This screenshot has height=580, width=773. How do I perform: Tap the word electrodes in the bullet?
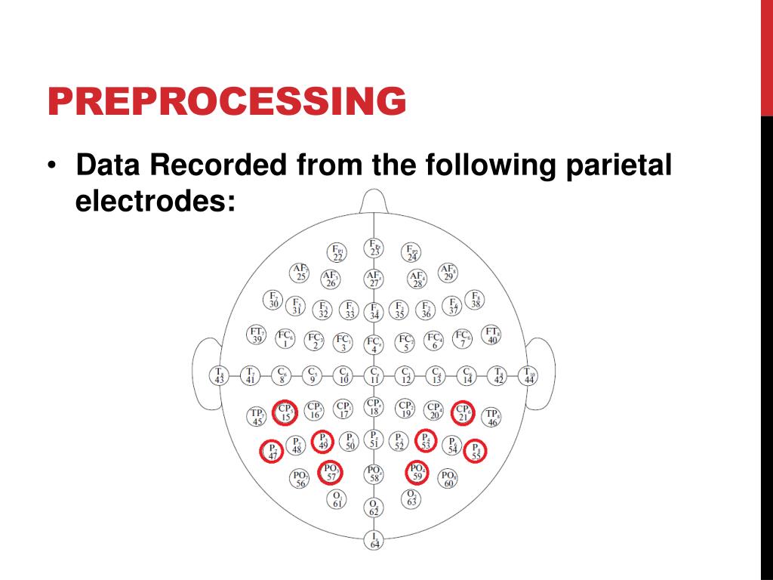[156, 202]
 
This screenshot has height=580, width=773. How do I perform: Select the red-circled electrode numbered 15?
[285, 412]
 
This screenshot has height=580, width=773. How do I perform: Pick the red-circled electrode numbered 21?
[463, 412]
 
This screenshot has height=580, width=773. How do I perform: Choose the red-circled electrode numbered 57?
[331, 473]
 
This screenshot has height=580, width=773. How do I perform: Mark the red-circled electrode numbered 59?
[417, 473]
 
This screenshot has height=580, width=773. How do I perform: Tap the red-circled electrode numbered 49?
[323, 441]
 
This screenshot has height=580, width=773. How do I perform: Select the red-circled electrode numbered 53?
[426, 441]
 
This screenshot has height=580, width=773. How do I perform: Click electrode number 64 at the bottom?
[374, 540]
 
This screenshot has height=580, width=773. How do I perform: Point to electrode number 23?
[374, 248]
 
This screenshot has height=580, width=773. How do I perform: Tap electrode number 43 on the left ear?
[219, 375]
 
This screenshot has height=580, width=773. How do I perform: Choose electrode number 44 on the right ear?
[529, 375]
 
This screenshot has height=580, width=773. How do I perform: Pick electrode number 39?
[257, 335]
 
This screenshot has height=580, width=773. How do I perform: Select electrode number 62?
[374, 507]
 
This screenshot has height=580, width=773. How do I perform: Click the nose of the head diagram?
[374, 202]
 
